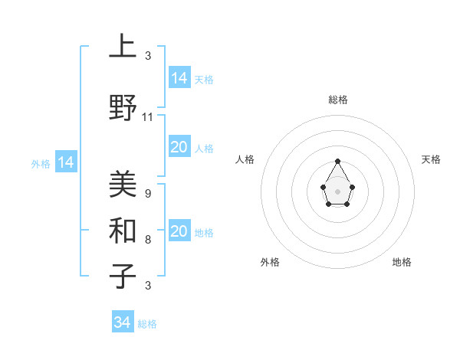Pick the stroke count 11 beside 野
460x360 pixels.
148,117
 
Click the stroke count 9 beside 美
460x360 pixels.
147,194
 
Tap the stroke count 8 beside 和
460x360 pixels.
147,240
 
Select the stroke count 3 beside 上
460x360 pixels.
147,56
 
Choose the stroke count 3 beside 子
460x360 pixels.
147,286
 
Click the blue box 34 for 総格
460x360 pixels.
122,322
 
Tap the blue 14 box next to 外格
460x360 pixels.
66,162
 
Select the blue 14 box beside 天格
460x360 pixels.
179,77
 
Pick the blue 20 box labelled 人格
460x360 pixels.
179,147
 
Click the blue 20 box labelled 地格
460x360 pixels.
179,231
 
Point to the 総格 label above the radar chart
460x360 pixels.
337,100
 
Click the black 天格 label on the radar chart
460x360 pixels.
431,159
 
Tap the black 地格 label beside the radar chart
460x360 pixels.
402,262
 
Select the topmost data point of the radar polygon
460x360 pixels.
337,161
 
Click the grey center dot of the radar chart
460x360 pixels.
337,191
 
